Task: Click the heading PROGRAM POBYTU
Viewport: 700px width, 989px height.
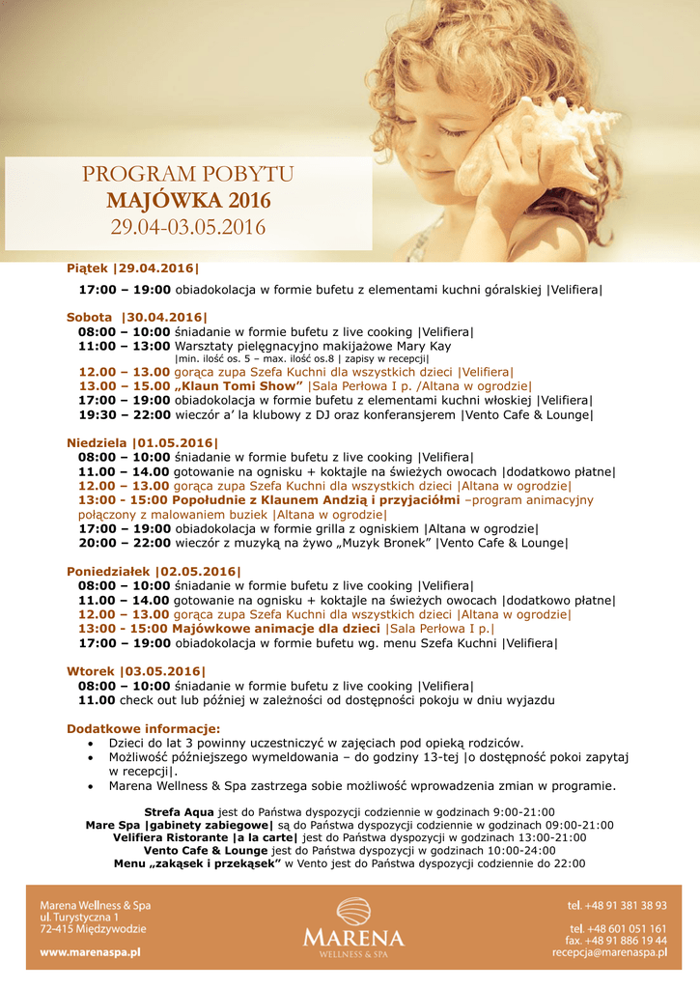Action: coord(188,175)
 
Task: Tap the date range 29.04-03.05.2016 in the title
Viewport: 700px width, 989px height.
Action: coord(188,228)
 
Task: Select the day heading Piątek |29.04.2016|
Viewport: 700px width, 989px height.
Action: coord(133,268)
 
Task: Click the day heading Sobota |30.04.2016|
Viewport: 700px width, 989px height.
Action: coord(137,317)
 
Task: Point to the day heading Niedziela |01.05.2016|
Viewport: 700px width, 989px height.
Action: coord(143,443)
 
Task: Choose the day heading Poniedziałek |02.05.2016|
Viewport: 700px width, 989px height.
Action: coord(154,572)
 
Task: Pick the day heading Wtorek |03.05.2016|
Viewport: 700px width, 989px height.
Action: coord(136,671)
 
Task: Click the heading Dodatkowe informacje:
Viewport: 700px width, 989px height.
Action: coord(143,728)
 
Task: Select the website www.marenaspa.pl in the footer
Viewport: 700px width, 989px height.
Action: coord(91,951)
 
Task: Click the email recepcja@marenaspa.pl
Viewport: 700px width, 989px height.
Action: coord(609,951)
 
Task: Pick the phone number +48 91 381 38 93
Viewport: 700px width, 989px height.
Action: coord(625,905)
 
